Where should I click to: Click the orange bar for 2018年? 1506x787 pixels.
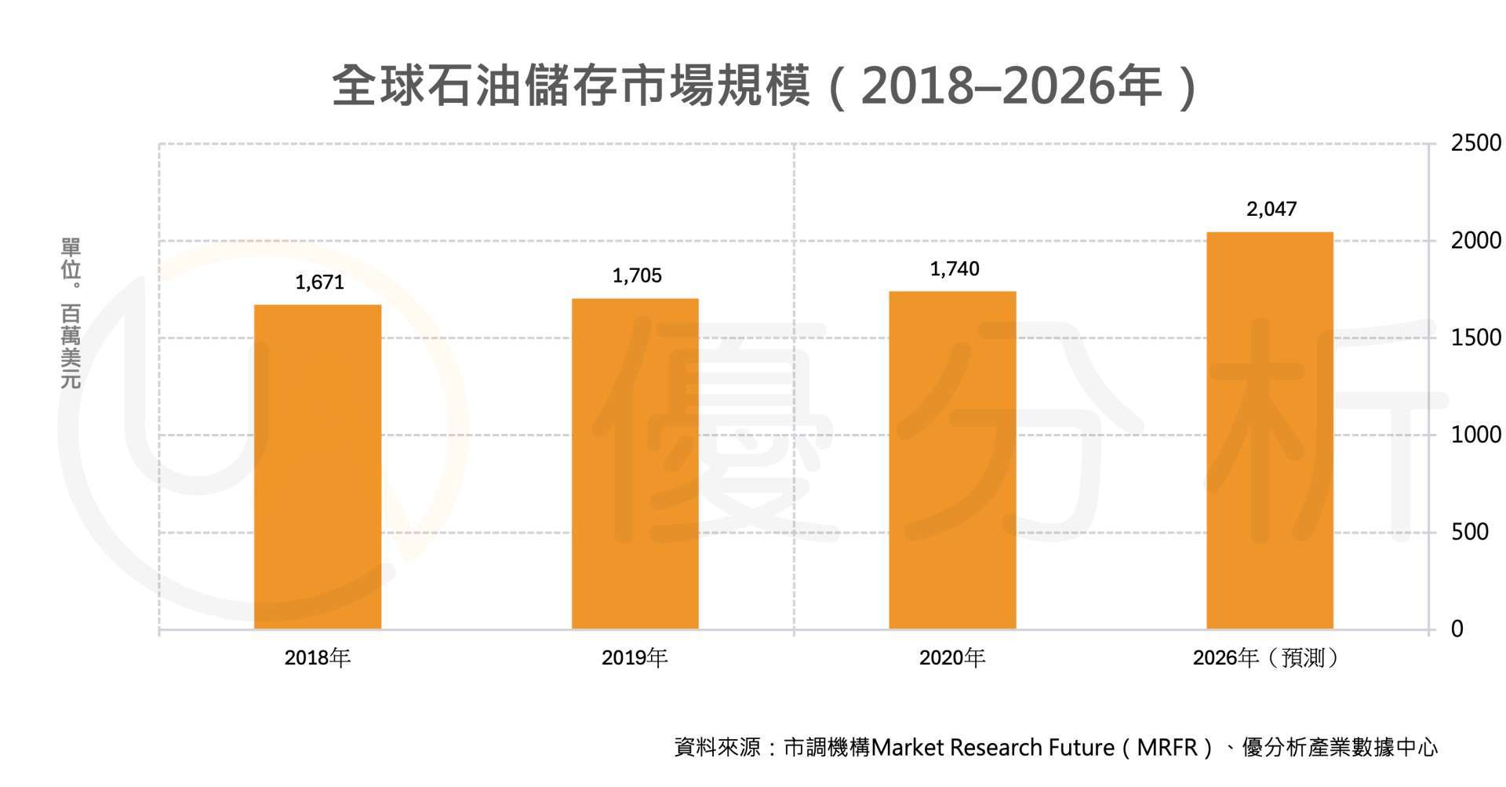click(x=318, y=467)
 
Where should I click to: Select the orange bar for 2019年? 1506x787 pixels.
click(x=635, y=464)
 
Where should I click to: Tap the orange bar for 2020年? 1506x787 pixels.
click(x=952, y=460)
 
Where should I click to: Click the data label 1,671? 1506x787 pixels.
click(x=319, y=282)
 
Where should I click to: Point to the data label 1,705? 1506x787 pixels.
click(x=637, y=275)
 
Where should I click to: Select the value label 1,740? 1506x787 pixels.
click(x=955, y=269)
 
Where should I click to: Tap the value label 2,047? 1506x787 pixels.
click(x=1271, y=209)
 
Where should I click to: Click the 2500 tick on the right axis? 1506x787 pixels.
click(x=1475, y=144)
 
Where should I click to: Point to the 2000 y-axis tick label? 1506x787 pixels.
click(x=1475, y=241)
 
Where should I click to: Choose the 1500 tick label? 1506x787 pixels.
click(x=1475, y=338)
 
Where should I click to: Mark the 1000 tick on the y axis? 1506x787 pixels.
click(x=1475, y=435)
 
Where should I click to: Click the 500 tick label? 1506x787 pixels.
click(x=1469, y=532)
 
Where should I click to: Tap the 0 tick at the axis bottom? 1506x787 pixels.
click(x=1457, y=629)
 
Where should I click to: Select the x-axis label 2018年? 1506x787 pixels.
click(x=317, y=658)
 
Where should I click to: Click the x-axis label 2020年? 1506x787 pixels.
click(x=951, y=658)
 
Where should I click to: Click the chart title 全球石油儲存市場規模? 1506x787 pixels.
click(x=571, y=86)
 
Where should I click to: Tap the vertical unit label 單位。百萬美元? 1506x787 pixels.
click(x=71, y=313)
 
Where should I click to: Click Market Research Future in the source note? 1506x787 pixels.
click(x=992, y=748)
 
